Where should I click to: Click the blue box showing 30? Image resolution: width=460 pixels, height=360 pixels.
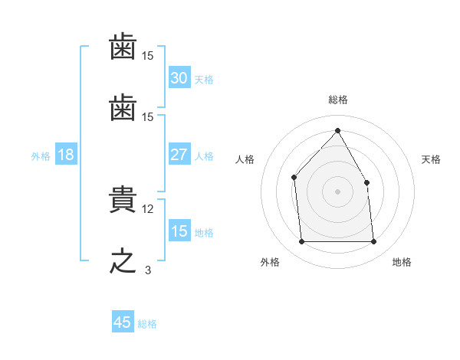(179, 78)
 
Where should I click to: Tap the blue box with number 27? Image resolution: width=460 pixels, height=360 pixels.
(179, 155)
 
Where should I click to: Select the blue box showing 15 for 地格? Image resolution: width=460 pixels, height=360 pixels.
(179, 231)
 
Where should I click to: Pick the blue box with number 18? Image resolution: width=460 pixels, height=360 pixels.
(66, 155)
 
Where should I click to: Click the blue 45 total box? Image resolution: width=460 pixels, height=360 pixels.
(123, 322)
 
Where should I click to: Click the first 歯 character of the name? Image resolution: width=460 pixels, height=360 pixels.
(123, 49)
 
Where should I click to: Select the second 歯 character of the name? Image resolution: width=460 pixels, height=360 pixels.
(123, 110)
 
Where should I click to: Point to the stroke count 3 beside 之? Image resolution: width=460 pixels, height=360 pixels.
(148, 270)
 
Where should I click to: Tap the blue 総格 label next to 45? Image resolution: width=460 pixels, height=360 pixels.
(147, 324)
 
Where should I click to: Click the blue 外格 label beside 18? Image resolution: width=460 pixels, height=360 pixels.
(41, 156)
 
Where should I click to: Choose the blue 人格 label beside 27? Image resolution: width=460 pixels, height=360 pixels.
(204, 155)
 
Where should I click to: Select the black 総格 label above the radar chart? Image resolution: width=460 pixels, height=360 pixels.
(337, 100)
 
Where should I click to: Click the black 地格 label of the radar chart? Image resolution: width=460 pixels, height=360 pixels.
(402, 262)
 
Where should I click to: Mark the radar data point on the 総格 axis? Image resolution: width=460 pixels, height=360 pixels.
(337, 131)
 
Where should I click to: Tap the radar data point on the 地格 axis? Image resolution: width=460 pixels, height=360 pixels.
(373, 242)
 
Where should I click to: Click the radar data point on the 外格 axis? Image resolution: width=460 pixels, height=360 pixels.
(301, 242)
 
